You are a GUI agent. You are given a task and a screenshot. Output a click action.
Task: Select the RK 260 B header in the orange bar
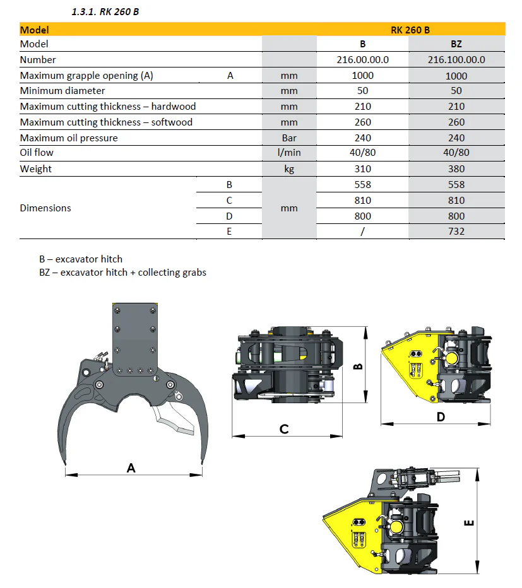point(410,30)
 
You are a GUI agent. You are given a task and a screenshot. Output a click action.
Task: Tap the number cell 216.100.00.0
point(456,60)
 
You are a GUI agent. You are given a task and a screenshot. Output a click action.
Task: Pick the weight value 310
point(362,169)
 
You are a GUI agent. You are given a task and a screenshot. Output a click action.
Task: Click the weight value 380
point(456,169)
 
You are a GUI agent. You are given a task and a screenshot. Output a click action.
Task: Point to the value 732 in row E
point(456,232)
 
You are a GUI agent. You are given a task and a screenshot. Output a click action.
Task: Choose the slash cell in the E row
point(362,232)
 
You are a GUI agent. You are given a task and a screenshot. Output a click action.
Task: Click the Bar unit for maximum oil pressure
point(289,138)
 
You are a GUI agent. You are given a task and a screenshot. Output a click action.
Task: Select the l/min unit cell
point(289,153)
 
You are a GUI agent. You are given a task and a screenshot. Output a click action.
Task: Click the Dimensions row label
point(45,208)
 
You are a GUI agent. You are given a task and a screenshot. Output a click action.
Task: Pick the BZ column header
point(456,44)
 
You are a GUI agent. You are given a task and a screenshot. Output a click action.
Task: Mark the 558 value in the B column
point(362,185)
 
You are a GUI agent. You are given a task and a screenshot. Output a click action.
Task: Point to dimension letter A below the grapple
point(131,467)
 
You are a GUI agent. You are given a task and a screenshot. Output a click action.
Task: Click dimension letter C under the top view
point(284,429)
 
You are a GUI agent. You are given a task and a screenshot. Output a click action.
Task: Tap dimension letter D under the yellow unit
point(441,416)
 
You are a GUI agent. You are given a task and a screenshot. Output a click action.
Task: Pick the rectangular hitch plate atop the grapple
point(133,338)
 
